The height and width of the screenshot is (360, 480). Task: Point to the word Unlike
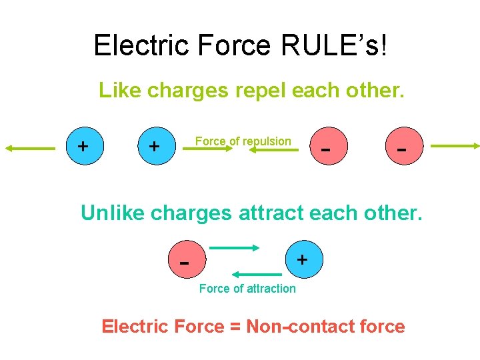click(113, 213)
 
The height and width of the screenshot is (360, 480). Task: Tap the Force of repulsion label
click(243, 141)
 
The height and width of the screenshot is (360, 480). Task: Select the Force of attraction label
click(247, 289)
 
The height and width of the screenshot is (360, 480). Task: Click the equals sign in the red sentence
click(235, 327)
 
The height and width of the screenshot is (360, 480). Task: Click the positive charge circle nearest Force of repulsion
click(154, 146)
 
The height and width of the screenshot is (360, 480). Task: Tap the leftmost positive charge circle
click(83, 146)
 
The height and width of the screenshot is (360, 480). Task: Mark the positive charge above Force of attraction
click(302, 259)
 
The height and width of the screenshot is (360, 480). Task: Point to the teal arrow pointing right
click(234, 247)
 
